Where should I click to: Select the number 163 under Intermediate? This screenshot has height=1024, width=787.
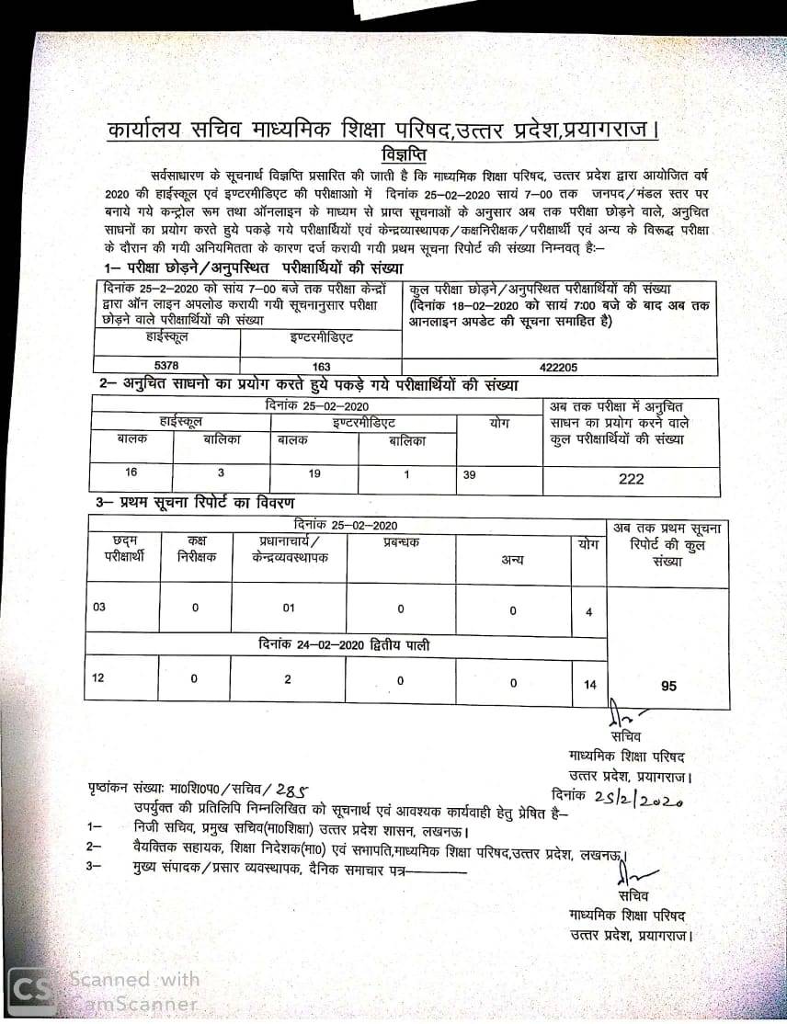click(x=321, y=366)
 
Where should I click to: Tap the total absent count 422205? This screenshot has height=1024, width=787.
click(x=559, y=366)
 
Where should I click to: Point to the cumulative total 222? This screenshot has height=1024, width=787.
click(x=632, y=479)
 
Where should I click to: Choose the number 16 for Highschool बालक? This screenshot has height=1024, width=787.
click(x=131, y=472)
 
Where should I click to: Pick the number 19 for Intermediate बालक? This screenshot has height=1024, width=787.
click(x=314, y=472)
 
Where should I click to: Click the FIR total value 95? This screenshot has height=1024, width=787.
click(x=668, y=686)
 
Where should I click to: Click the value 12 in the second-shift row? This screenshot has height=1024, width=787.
click(x=98, y=678)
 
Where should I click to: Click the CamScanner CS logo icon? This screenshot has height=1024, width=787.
click(x=35, y=988)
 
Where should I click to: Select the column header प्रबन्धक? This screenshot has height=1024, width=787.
click(x=401, y=543)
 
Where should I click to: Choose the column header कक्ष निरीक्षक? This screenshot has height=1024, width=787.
click(x=196, y=550)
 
